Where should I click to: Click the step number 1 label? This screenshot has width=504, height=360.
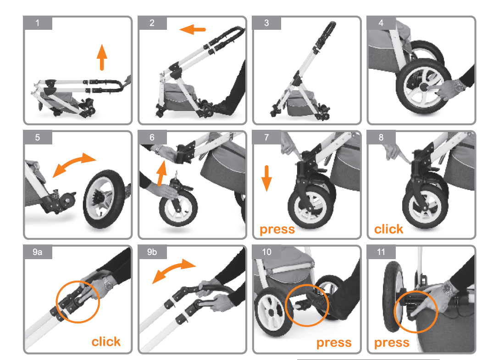click(38, 23)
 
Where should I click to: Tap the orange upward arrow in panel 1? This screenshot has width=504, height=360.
click(102, 57)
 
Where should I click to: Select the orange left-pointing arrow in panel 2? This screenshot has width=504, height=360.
click(192, 29)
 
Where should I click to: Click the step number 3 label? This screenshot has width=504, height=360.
click(266, 23)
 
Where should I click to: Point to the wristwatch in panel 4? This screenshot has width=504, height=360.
click(460, 85)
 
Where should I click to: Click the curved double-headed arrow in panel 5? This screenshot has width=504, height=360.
click(74, 164)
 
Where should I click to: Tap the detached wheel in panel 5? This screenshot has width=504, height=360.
click(104, 199)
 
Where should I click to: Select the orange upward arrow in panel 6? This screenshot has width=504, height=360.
click(161, 173)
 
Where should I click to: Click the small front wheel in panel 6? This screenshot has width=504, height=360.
click(178, 208)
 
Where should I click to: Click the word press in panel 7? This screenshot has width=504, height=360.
click(277, 229)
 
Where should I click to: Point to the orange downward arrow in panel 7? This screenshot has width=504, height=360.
click(266, 178)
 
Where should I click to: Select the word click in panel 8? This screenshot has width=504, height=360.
click(388, 229)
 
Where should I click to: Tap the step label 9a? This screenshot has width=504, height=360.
click(38, 252)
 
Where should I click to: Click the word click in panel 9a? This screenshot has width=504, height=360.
click(106, 341)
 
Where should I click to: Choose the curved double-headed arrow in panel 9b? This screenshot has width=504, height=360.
click(174, 270)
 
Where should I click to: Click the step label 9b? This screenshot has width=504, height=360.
click(152, 252)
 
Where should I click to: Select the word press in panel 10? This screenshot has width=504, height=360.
click(334, 343)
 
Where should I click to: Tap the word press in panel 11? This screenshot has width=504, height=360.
click(392, 343)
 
